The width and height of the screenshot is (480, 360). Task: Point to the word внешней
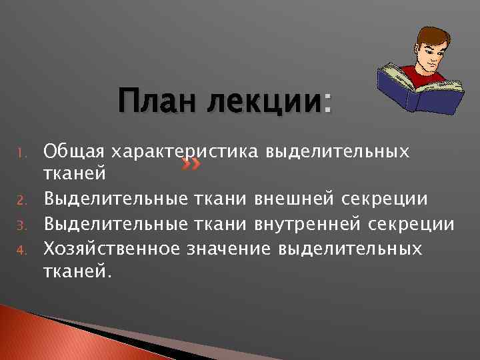pyautogui.click(x=296, y=198)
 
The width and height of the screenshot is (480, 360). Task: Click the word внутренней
pyautogui.click(x=308, y=223)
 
